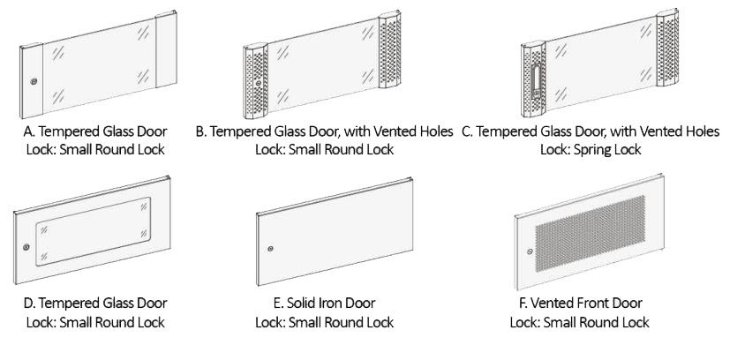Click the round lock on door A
34,81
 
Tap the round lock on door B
259,83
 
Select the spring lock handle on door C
536,81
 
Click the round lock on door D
26,247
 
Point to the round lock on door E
270,249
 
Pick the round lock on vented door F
530,251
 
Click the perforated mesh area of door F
591,233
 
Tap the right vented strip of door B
390,49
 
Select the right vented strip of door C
667,48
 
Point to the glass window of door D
94,231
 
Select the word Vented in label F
551,303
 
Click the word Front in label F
591,303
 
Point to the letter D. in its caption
29,303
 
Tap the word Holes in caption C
701,131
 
